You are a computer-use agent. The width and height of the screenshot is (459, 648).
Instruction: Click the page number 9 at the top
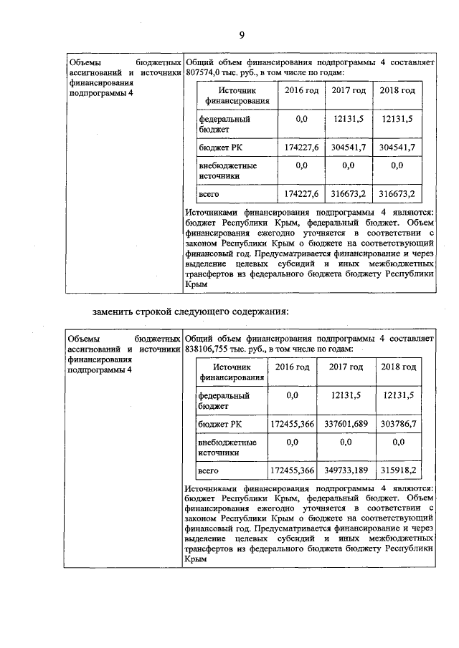click(x=242, y=36)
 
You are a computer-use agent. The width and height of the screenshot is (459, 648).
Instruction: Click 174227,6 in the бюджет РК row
click(x=301, y=147)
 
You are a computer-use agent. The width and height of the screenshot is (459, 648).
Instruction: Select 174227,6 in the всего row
click(x=301, y=194)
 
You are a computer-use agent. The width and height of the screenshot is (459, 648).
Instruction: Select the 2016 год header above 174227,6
click(x=301, y=91)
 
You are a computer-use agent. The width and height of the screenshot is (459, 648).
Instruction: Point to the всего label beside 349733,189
click(x=209, y=470)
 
